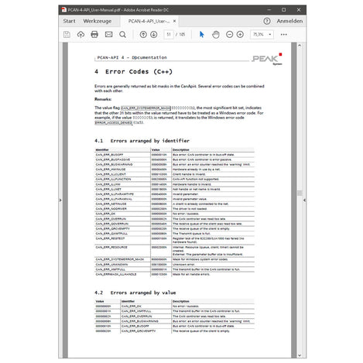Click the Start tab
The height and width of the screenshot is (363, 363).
[x=69, y=22]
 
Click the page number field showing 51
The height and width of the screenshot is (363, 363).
[x=170, y=35]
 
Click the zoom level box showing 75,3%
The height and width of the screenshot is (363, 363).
[x=259, y=35]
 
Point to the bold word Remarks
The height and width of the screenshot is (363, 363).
[x=104, y=99]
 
